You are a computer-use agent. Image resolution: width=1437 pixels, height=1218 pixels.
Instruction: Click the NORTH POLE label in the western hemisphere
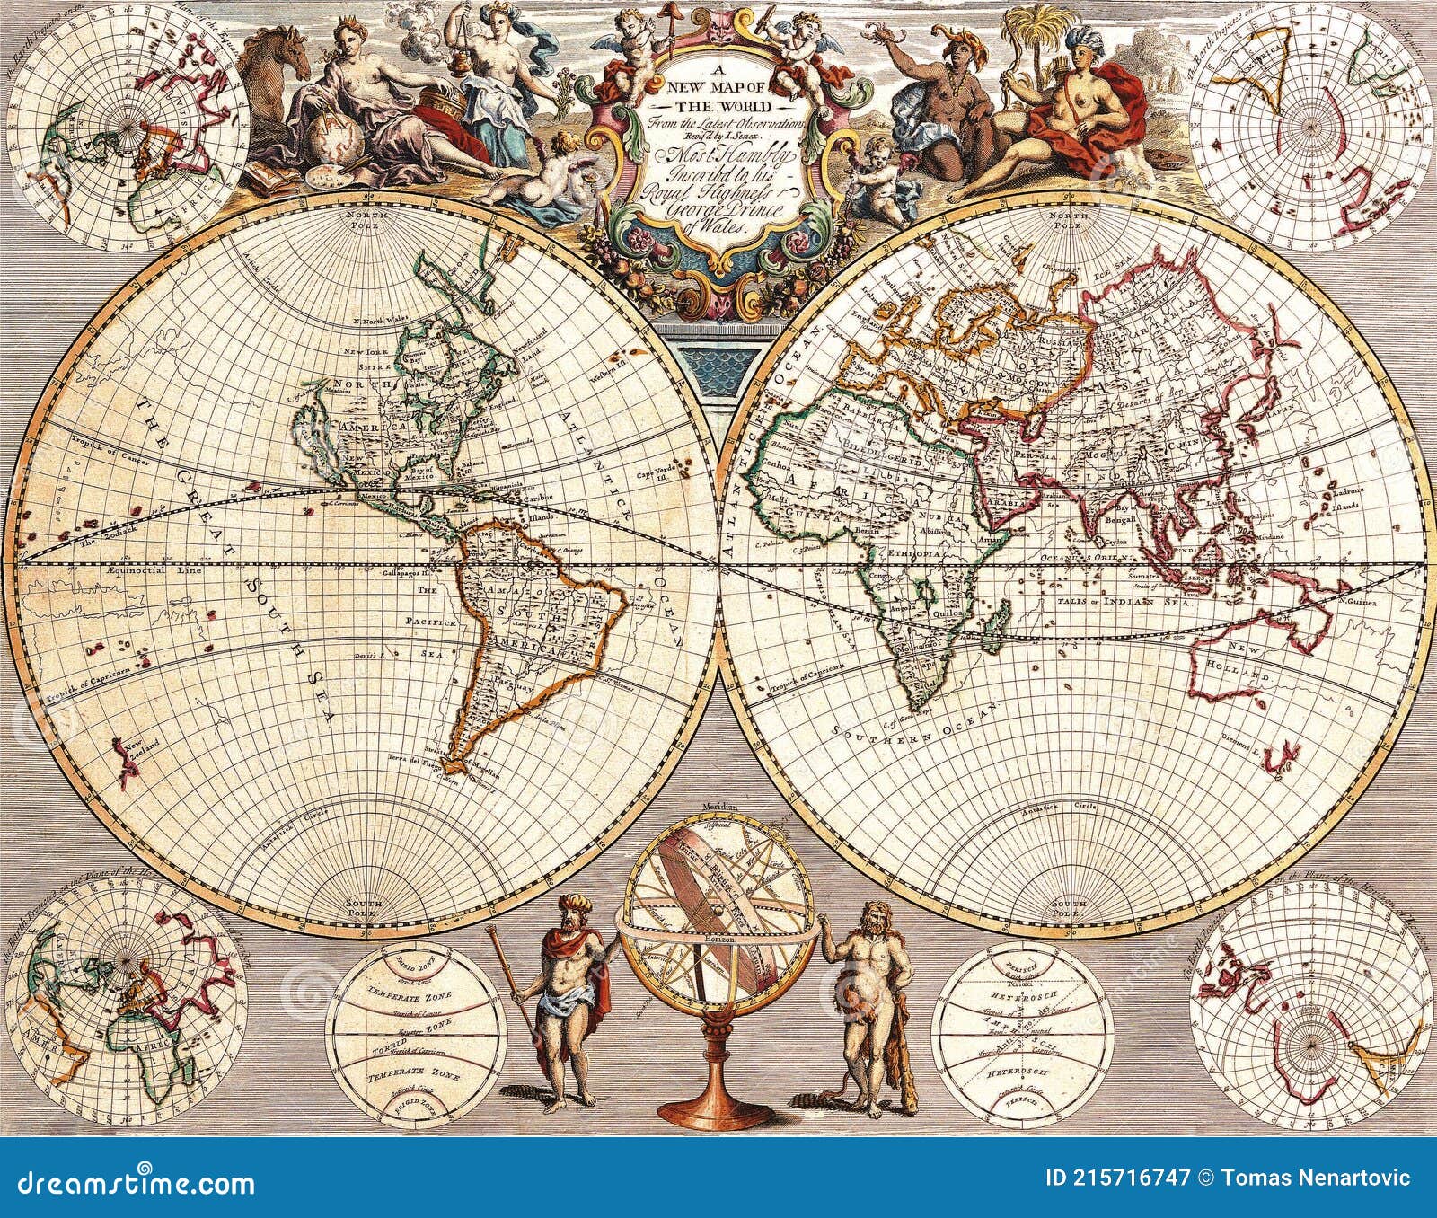357,222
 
